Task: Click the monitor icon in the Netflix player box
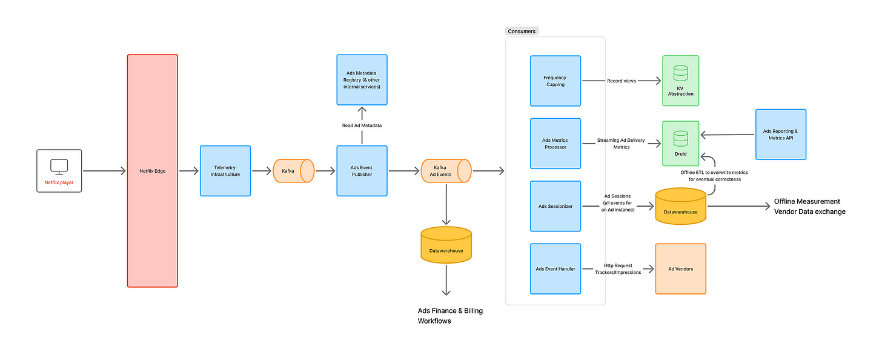coord(59,167)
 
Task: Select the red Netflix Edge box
coord(153,171)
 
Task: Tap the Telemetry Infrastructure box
coord(225,171)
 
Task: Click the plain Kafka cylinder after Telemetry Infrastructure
coord(294,171)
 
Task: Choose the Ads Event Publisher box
coord(362,171)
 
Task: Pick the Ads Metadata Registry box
coord(362,80)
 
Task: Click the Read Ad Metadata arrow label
coord(362,125)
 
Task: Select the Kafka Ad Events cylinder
coord(446,171)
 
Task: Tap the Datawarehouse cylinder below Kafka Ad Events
coord(446,245)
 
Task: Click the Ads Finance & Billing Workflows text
coord(450,316)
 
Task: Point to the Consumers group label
coord(522,31)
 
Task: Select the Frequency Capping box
coord(555,81)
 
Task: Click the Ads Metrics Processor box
coord(555,144)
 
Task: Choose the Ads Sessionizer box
coord(555,206)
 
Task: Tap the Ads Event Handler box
coord(555,269)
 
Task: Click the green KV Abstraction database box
coord(681,81)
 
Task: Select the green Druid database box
coord(681,144)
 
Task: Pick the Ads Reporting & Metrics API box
coord(781,135)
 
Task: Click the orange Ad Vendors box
coord(681,269)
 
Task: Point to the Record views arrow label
coord(622,81)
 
